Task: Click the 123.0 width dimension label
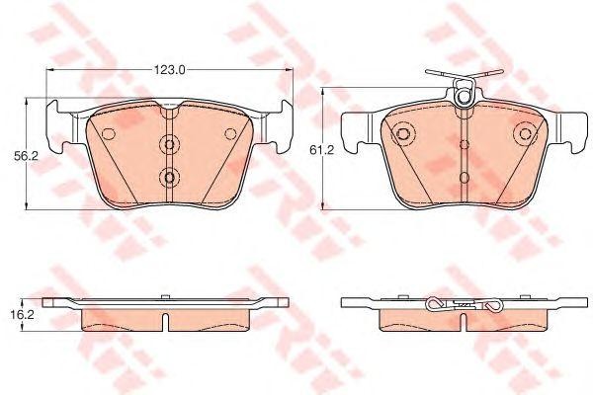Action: tap(170, 70)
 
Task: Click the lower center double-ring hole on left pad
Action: tap(169, 179)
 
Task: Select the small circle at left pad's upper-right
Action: tap(230, 134)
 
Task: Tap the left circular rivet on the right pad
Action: tap(403, 133)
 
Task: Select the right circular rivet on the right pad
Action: tap(521, 133)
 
